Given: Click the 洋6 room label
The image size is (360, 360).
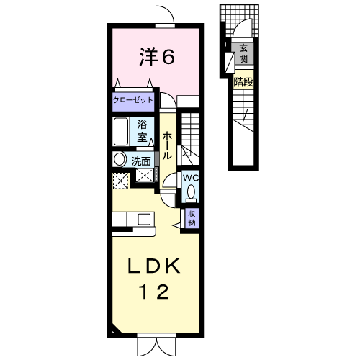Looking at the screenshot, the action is pyautogui.click(x=157, y=57).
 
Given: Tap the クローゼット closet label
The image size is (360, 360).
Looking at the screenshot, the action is pyautogui.click(x=133, y=100).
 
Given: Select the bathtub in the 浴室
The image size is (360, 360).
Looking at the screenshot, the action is pyautogui.click(x=121, y=132).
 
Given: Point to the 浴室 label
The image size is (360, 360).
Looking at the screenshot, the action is pyautogui.click(x=142, y=131).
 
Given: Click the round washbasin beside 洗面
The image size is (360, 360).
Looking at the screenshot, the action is pyautogui.click(x=120, y=159).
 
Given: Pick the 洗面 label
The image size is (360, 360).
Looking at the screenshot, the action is pyautogui.click(x=141, y=162).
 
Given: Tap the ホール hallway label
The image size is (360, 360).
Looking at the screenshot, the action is pyautogui.click(x=167, y=145).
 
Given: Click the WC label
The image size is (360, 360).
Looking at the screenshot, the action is pyautogui.click(x=191, y=178).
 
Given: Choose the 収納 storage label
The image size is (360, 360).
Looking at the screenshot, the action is pyautogui.click(x=192, y=218).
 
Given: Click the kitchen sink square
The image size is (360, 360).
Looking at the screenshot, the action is pyautogui.click(x=144, y=219).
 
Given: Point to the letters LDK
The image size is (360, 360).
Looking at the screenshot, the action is pyautogui.click(x=154, y=266).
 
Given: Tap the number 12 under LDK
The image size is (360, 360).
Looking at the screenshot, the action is pyautogui.click(x=155, y=292).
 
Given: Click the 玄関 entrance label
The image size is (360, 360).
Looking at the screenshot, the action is pyautogui.click(x=243, y=53).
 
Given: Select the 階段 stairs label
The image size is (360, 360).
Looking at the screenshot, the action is pyautogui.click(x=243, y=82).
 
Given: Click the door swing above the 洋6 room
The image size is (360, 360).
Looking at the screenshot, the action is pyautogui.click(x=165, y=14).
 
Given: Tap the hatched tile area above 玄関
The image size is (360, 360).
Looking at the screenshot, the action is pyautogui.click(x=240, y=21).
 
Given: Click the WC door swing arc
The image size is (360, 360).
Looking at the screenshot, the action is pyautogui.click(x=169, y=180).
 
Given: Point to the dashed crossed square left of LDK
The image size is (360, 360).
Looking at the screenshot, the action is pyautogui.click(x=120, y=181).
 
